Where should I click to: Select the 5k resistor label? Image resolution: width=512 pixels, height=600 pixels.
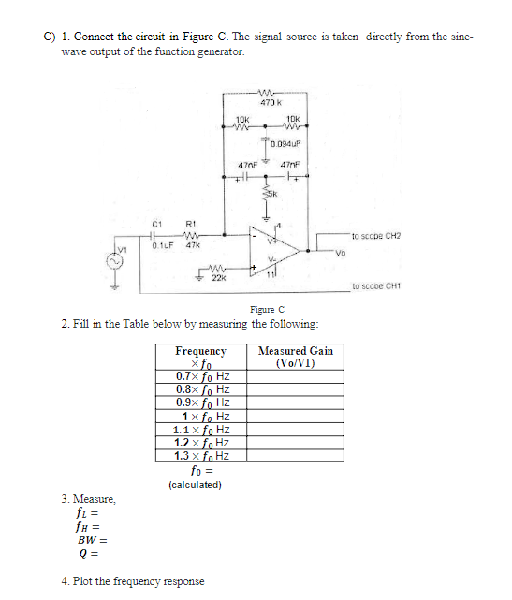(276, 195)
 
